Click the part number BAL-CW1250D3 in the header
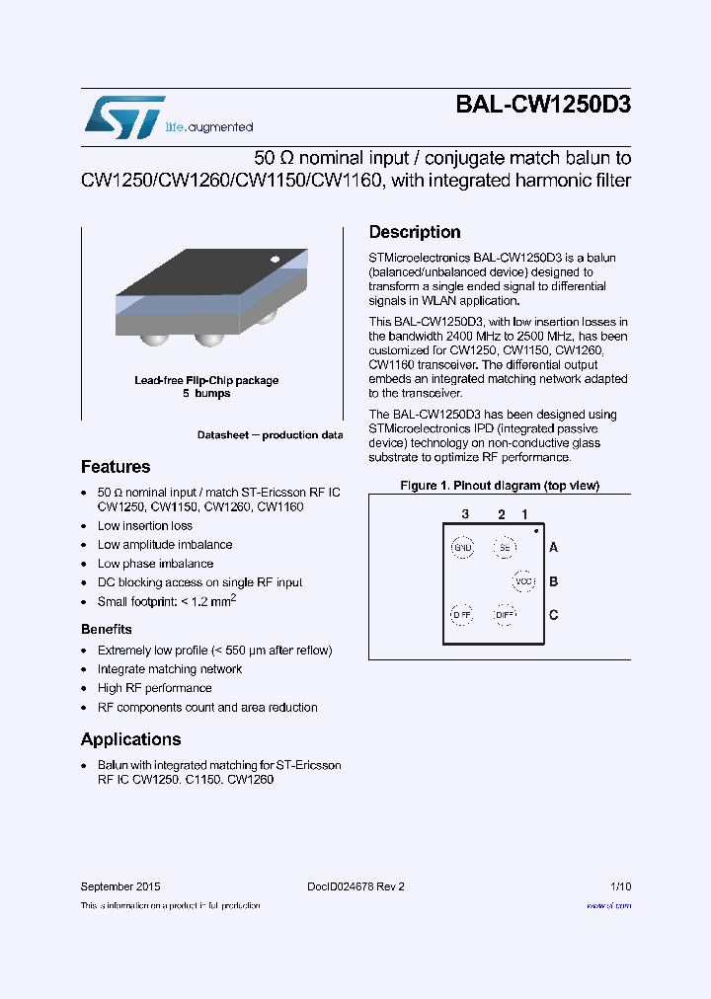pyautogui.click(x=542, y=106)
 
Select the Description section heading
pyautogui.click(x=415, y=232)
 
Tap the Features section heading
pyautogui.click(x=116, y=467)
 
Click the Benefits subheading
pyautogui.click(x=106, y=629)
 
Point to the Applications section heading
pyautogui.click(x=130, y=739)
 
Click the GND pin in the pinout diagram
pyautogui.click(x=461, y=547)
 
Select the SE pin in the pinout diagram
pyautogui.click(x=505, y=547)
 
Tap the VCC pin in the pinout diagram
pyautogui.click(x=523, y=581)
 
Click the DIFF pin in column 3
pyautogui.click(x=461, y=614)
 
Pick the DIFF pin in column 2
pyautogui.click(x=505, y=614)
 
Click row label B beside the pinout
pyautogui.click(x=554, y=581)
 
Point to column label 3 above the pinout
pyautogui.click(x=464, y=514)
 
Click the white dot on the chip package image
pyautogui.click(x=275, y=260)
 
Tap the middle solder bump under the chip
pyautogui.click(x=208, y=340)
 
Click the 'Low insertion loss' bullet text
pyautogui.click(x=145, y=526)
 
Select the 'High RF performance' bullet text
pyautogui.click(x=154, y=688)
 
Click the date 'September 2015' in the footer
pyautogui.click(x=119, y=886)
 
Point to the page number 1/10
pyautogui.click(x=620, y=886)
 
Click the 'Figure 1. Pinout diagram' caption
pyautogui.click(x=499, y=486)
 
